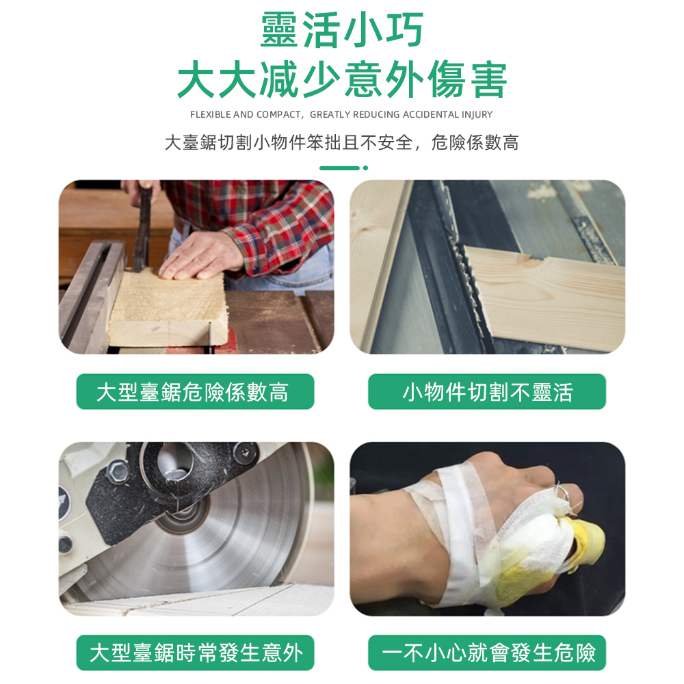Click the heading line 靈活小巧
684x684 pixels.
click(x=341, y=29)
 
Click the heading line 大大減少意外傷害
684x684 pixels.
click(x=341, y=80)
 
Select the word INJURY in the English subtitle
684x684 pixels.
click(x=477, y=115)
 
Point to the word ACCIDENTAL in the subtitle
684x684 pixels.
click(x=430, y=115)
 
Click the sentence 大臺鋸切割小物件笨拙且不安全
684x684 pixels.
click(x=289, y=143)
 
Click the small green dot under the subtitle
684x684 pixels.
click(x=365, y=168)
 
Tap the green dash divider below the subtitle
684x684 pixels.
click(x=339, y=168)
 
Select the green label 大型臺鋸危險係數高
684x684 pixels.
click(x=195, y=391)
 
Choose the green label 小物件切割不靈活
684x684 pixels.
click(x=487, y=391)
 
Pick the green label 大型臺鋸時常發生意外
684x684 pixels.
click(x=195, y=653)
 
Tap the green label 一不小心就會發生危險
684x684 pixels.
click(x=487, y=653)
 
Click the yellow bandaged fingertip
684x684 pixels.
click(x=586, y=542)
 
